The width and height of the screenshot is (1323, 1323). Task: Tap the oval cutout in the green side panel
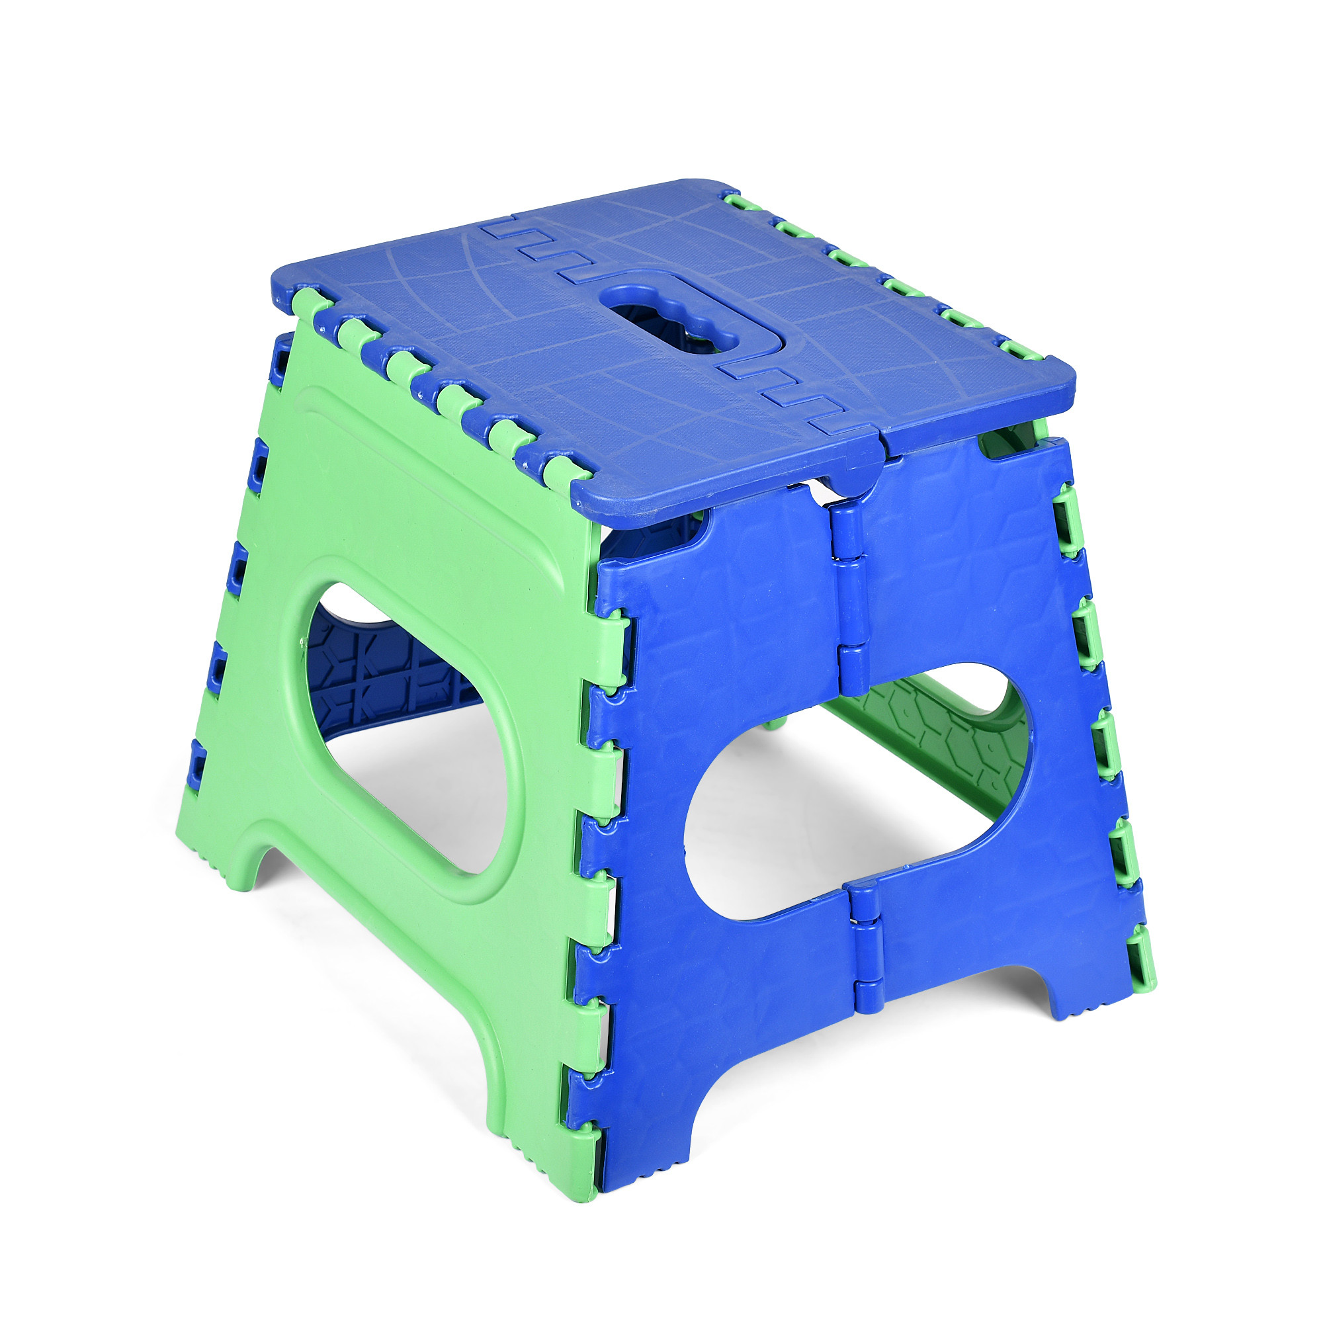404,733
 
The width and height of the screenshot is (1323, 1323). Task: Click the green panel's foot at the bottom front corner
548,1157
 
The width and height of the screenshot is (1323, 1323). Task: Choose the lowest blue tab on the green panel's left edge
198,760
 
